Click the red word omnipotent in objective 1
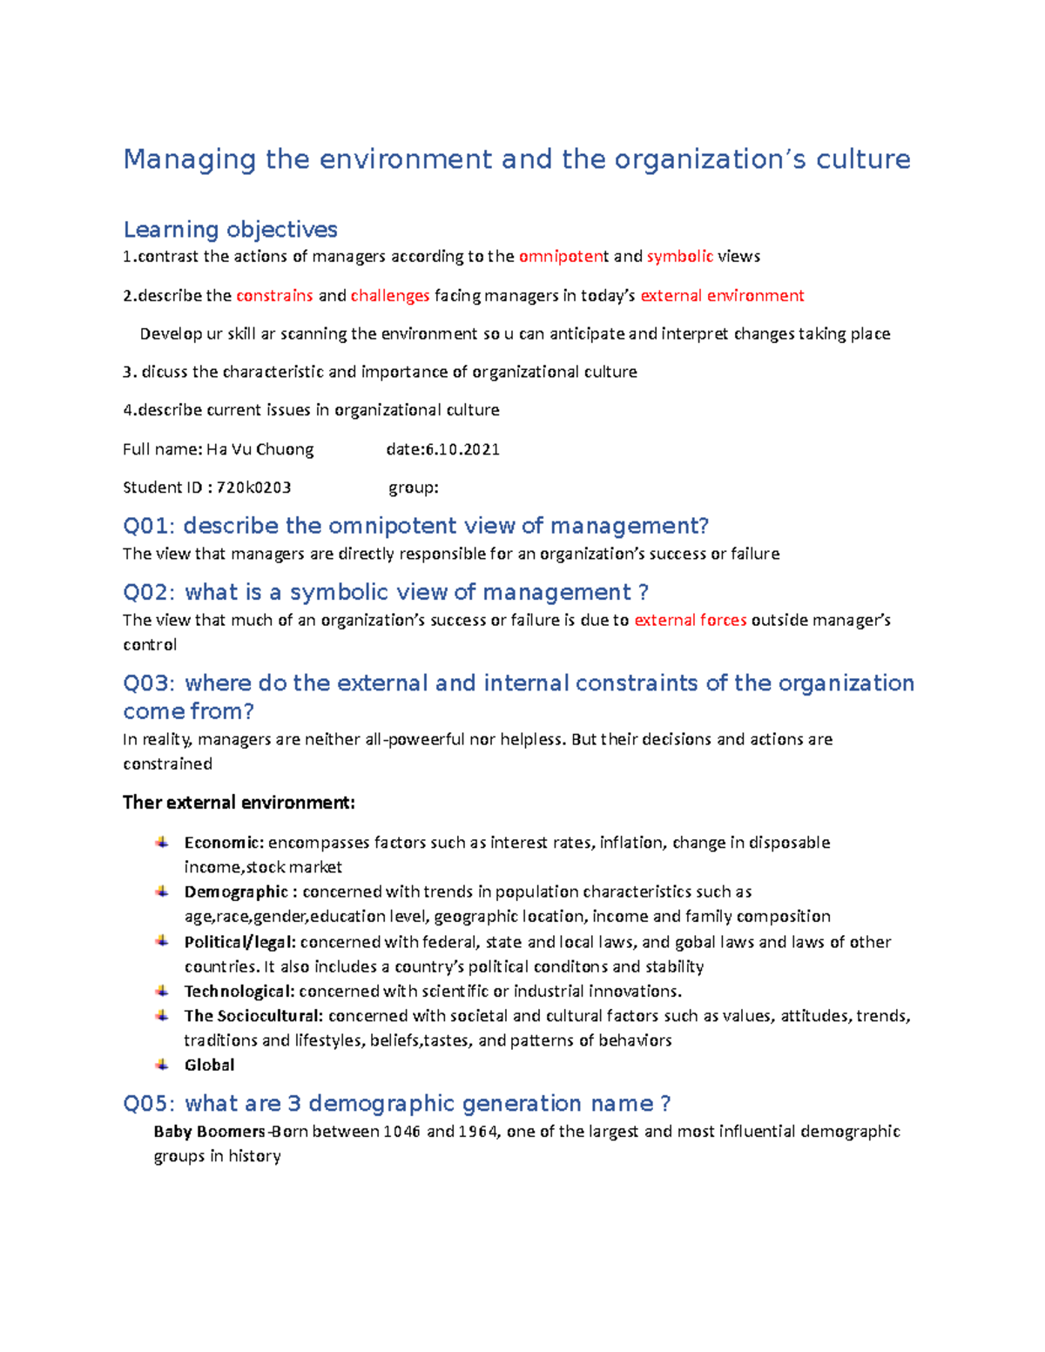point(563,257)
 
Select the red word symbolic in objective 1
point(679,257)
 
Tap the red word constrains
point(274,296)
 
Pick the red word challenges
point(389,296)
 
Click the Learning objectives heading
point(230,229)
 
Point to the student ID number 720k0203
point(253,488)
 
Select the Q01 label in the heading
point(149,526)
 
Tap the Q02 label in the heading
point(149,592)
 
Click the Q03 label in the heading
point(149,683)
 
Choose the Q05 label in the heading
point(149,1104)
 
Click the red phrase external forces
point(690,621)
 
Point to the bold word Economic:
point(224,843)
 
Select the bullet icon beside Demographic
point(162,891)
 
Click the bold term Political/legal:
point(239,942)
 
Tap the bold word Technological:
point(239,992)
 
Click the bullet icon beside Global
point(162,1065)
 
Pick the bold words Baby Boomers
point(209,1132)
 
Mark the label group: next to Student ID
point(413,488)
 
